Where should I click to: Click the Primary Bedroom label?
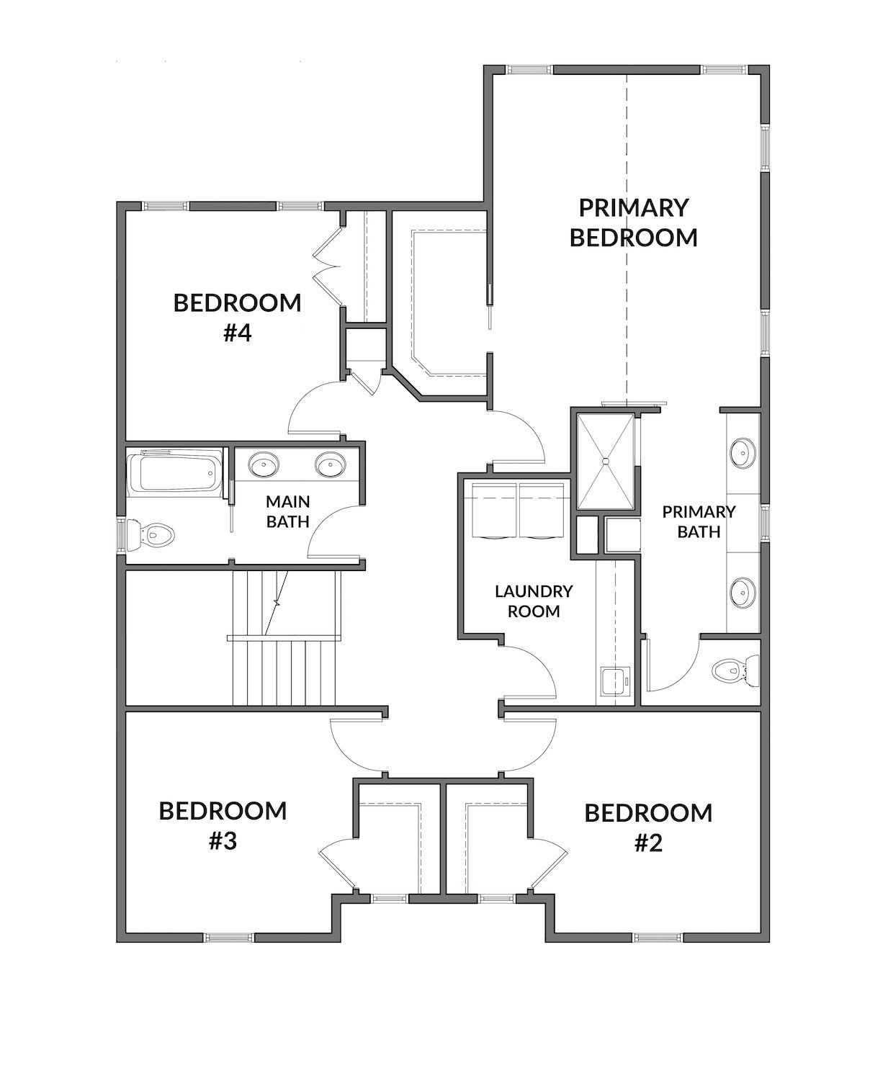click(x=633, y=223)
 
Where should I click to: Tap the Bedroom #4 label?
click(x=237, y=318)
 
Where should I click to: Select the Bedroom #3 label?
click(x=223, y=826)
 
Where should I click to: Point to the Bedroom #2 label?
click(x=648, y=827)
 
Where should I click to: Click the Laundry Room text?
click(x=534, y=601)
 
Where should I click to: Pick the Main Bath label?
click(x=287, y=511)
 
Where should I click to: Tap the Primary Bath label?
click(x=699, y=521)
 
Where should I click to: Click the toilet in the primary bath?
click(x=735, y=670)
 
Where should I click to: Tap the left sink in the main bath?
click(x=264, y=464)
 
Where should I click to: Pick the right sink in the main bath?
click(x=331, y=464)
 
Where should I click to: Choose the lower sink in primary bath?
click(x=743, y=593)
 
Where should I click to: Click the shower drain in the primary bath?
click(x=606, y=460)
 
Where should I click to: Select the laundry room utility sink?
click(x=615, y=681)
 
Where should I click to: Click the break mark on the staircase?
click(x=277, y=603)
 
